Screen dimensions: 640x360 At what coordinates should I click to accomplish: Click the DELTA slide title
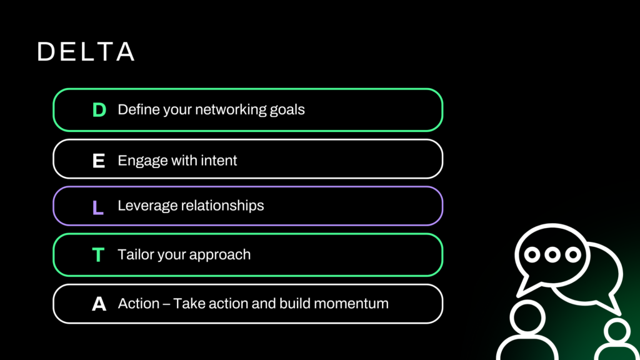pyautogui.click(x=86, y=51)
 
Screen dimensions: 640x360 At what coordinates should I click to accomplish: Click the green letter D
pyautogui.click(x=99, y=110)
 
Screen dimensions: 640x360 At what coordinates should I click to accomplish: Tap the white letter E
pyautogui.click(x=99, y=161)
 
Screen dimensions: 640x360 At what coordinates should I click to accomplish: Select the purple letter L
pyautogui.click(x=98, y=207)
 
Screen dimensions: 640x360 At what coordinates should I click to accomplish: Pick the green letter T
pyautogui.click(x=98, y=255)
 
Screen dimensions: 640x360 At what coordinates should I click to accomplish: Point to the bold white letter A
pyautogui.click(x=99, y=304)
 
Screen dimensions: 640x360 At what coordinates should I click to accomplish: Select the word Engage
pyautogui.click(x=143, y=161)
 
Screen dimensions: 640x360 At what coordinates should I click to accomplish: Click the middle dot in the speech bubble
pyautogui.click(x=552, y=255)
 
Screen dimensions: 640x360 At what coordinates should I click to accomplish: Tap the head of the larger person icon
pyautogui.click(x=527, y=318)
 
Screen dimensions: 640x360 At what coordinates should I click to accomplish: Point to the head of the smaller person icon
pyautogui.click(x=617, y=331)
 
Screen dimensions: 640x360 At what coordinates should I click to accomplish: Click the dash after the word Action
pyautogui.click(x=166, y=304)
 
